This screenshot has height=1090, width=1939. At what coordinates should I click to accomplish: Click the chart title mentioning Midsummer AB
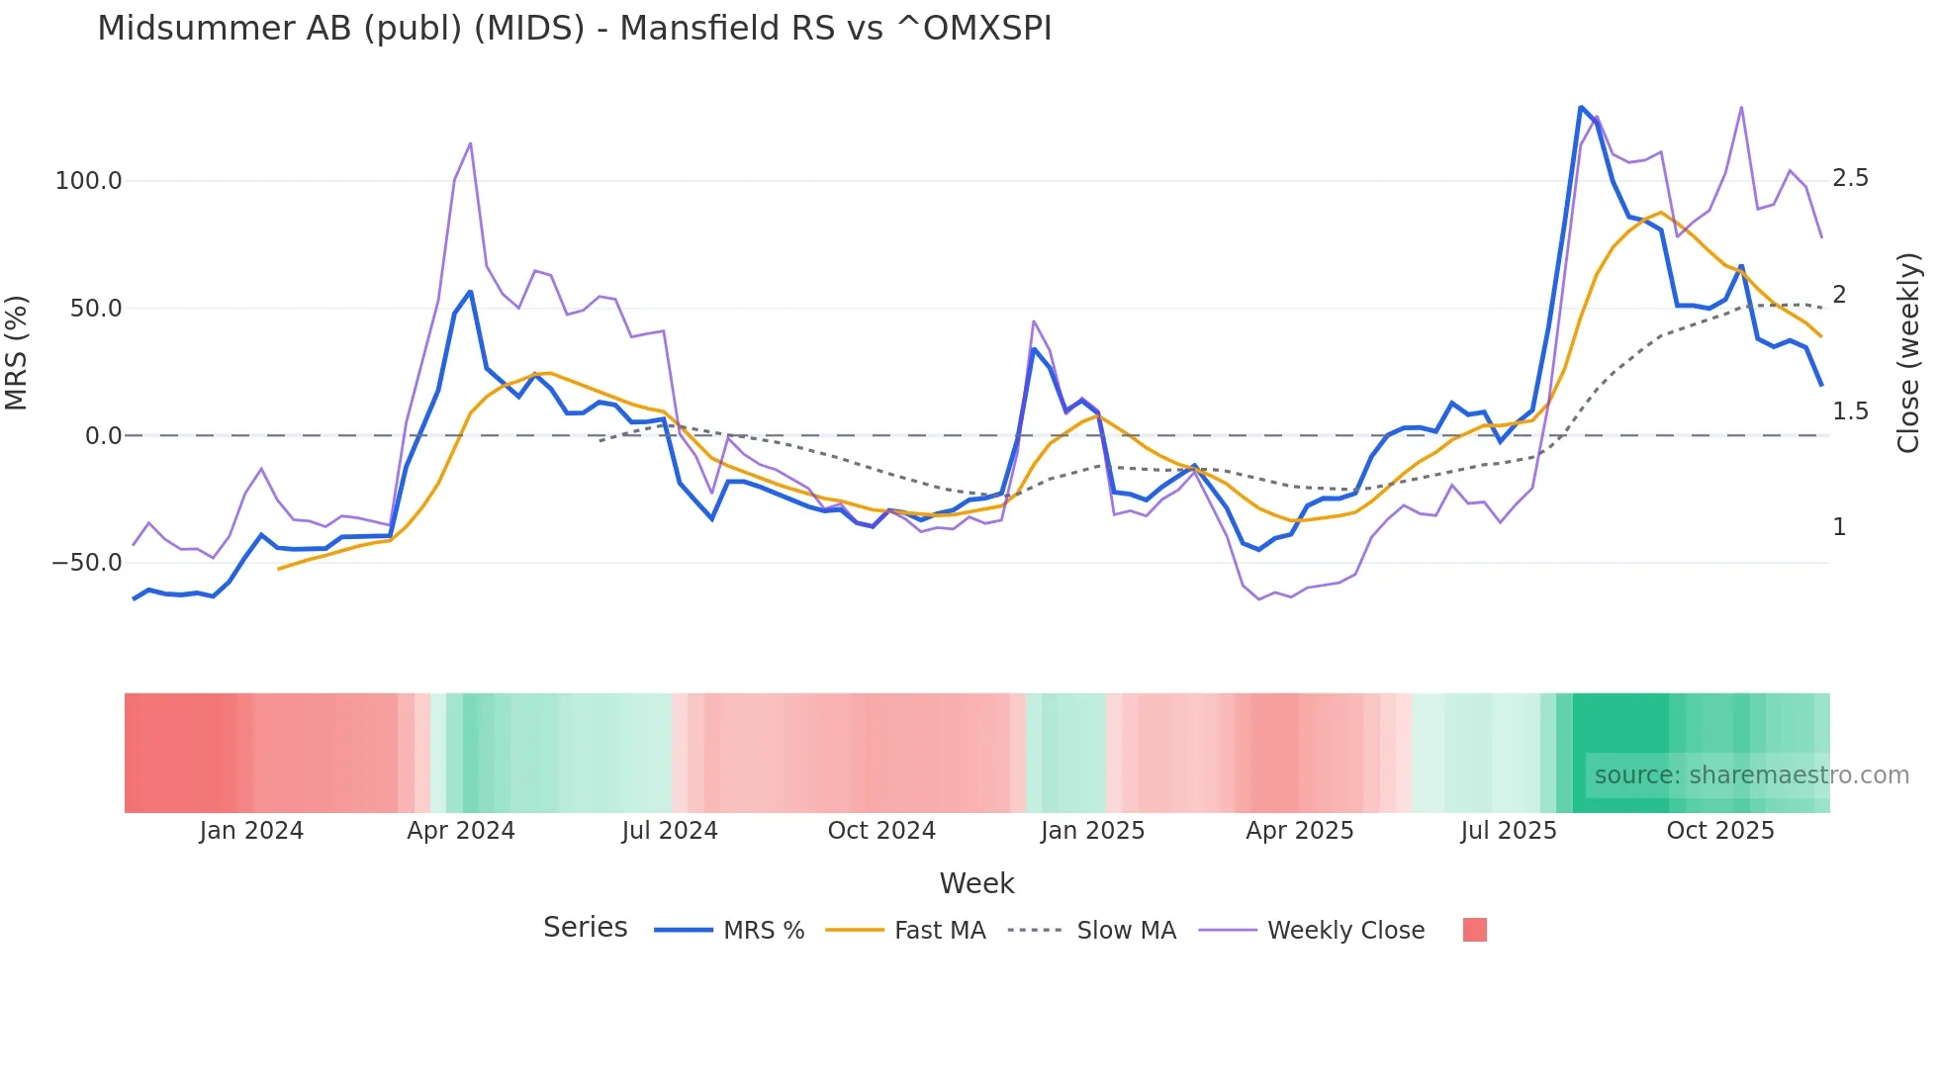pyautogui.click(x=574, y=28)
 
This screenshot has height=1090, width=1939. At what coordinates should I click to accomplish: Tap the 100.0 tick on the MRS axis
pyautogui.click(x=88, y=181)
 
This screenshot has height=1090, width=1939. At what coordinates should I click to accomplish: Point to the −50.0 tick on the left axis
pyautogui.click(x=86, y=563)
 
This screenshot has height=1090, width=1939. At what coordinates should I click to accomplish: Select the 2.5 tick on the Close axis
pyautogui.click(x=1850, y=178)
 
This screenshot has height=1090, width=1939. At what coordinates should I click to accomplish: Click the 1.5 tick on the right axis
pyautogui.click(x=1850, y=411)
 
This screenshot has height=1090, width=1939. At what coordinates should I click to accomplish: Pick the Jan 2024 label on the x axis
pyautogui.click(x=251, y=831)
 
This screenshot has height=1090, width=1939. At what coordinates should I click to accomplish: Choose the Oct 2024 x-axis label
pyautogui.click(x=881, y=831)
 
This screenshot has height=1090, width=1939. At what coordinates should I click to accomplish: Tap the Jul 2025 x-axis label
pyautogui.click(x=1509, y=831)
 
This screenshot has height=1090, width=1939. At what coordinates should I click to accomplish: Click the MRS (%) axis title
pyautogui.click(x=17, y=352)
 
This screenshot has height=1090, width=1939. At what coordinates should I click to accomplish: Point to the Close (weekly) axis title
pyautogui.click(x=1908, y=352)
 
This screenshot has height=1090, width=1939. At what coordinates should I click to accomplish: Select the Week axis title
pyautogui.click(x=976, y=883)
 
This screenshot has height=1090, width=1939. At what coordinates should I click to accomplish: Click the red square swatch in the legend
pyautogui.click(x=1474, y=930)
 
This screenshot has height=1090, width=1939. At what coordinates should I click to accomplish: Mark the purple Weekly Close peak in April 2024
pyautogui.click(x=470, y=143)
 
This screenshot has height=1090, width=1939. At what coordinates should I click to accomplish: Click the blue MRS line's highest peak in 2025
pyautogui.click(x=1581, y=107)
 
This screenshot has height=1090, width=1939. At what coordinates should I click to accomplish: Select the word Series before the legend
pyautogui.click(x=585, y=928)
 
